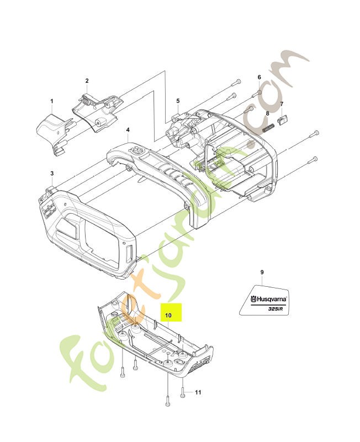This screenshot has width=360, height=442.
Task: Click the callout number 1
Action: click(x=51, y=101)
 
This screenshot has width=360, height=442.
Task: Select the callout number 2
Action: click(x=87, y=81)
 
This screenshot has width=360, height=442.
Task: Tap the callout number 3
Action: click(x=52, y=173)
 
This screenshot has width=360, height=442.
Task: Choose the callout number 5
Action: click(x=178, y=101)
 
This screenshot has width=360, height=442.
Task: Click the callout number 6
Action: click(x=259, y=77)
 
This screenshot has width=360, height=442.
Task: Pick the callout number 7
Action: click(x=282, y=104)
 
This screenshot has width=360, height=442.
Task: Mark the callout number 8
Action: click(x=268, y=113)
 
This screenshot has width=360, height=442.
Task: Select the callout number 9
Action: click(x=262, y=272)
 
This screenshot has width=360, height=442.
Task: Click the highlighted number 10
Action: click(x=168, y=315)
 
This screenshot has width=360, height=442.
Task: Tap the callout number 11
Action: click(x=198, y=392)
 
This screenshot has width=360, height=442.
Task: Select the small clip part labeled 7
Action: click(x=282, y=119)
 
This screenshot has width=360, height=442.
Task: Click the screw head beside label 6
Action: click(x=259, y=92)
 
